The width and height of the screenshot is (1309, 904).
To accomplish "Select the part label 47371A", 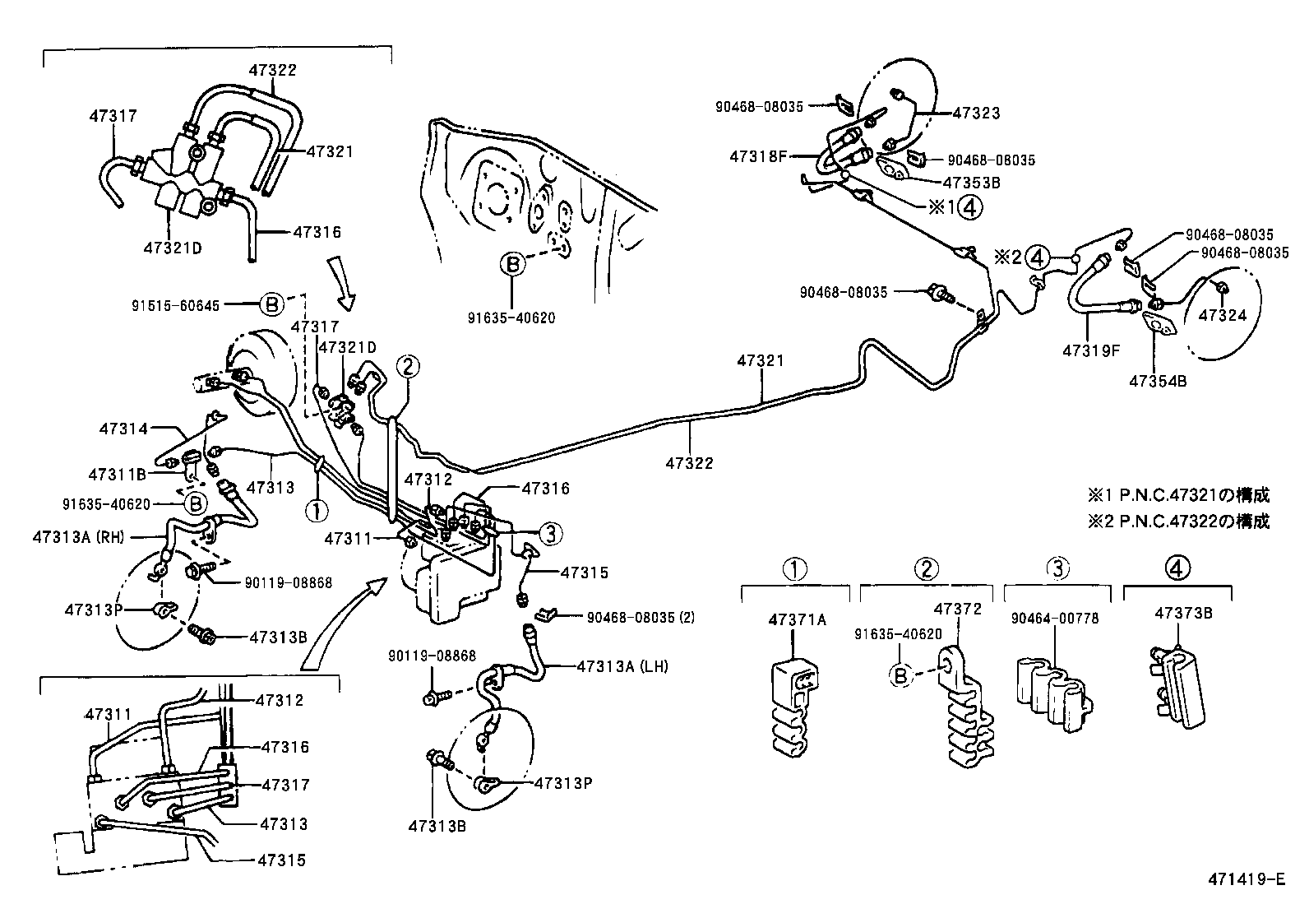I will (797, 619).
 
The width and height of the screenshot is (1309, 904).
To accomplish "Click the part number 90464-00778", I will (1055, 619).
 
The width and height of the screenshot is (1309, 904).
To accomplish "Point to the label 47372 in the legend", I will (958, 610).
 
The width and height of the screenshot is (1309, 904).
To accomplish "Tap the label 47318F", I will (757, 155).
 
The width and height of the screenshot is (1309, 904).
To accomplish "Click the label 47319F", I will (1090, 349).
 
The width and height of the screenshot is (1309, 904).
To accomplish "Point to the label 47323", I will (977, 113).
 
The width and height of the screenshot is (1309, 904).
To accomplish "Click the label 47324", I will (1222, 314).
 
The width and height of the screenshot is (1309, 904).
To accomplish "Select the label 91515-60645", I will (175, 304).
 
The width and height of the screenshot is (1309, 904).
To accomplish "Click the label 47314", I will (123, 429).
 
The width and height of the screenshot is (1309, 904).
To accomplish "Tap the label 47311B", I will (117, 475).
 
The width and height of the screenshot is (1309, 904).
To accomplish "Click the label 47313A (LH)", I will (622, 665).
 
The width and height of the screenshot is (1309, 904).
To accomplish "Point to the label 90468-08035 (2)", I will (641, 616).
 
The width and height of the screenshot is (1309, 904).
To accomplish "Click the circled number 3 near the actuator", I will (551, 534).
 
